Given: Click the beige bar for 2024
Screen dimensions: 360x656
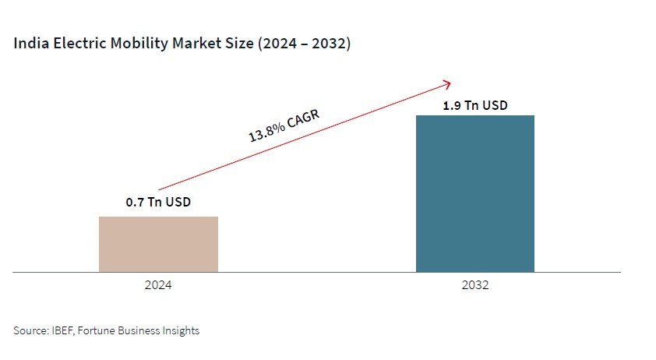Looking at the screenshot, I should click(x=158, y=244).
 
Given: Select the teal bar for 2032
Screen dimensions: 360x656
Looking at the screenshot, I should click(x=474, y=193).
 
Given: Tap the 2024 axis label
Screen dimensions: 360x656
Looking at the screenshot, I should click(x=158, y=286).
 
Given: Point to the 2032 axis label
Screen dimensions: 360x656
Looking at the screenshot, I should click(x=474, y=286).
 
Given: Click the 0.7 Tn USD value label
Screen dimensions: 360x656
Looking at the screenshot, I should click(x=158, y=203).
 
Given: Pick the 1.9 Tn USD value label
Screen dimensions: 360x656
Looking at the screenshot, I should click(x=474, y=105).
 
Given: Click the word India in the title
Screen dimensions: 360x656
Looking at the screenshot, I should click(x=29, y=44).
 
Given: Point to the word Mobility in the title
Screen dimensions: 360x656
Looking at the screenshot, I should click(x=128, y=44).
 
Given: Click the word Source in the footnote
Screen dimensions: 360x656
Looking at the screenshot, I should click(x=30, y=330).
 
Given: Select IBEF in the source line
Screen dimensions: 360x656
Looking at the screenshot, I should click(x=63, y=330).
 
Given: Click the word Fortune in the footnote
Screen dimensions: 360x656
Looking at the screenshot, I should click(x=100, y=330).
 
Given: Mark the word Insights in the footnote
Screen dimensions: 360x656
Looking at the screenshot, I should click(x=180, y=330).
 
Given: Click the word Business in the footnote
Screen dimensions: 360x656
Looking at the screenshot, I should click(x=139, y=330).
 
